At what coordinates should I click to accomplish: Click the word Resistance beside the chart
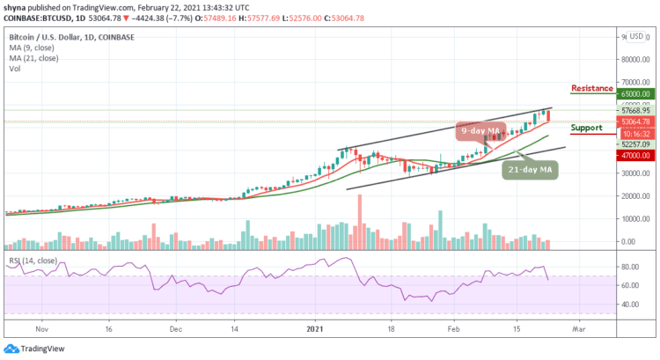pyautogui.click(x=592, y=89)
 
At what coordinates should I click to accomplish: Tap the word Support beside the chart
pyautogui.click(x=587, y=128)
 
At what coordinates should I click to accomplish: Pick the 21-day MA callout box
pyautogui.click(x=531, y=169)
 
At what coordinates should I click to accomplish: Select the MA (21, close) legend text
pyautogui.click(x=33, y=58)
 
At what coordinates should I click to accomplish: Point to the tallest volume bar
pyautogui.click(x=359, y=220)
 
